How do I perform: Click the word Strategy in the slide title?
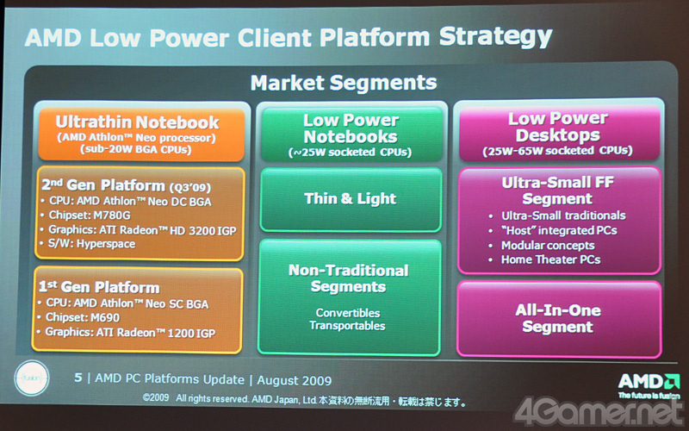point(495,37)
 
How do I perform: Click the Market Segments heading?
point(344,83)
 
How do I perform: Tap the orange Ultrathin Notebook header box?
point(141,134)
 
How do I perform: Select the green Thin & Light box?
point(351,200)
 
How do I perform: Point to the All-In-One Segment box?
point(559,318)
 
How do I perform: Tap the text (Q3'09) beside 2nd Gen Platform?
point(190,187)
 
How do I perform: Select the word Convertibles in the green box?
point(348,313)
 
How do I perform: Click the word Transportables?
point(347,326)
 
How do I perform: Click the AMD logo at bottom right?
point(649,384)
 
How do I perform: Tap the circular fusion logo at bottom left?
point(32,378)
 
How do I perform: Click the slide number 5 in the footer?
point(78,378)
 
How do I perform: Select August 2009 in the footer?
point(295,380)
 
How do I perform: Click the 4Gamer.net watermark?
point(599,412)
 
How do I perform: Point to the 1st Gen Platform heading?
point(99,288)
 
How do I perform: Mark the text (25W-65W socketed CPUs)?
point(557,151)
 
